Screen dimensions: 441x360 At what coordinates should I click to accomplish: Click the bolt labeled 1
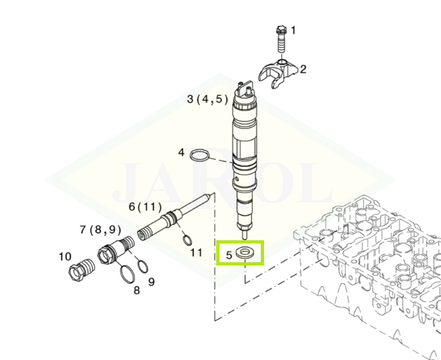[281, 39]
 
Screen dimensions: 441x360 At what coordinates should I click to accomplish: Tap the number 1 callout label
[293, 31]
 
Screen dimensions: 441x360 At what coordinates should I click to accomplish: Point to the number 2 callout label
[303, 69]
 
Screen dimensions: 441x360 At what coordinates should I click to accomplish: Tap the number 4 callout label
[182, 152]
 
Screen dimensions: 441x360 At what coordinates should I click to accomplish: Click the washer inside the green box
[244, 252]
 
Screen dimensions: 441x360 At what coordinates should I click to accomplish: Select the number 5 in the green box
[229, 255]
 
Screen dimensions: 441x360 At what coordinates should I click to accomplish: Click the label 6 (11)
[145, 207]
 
